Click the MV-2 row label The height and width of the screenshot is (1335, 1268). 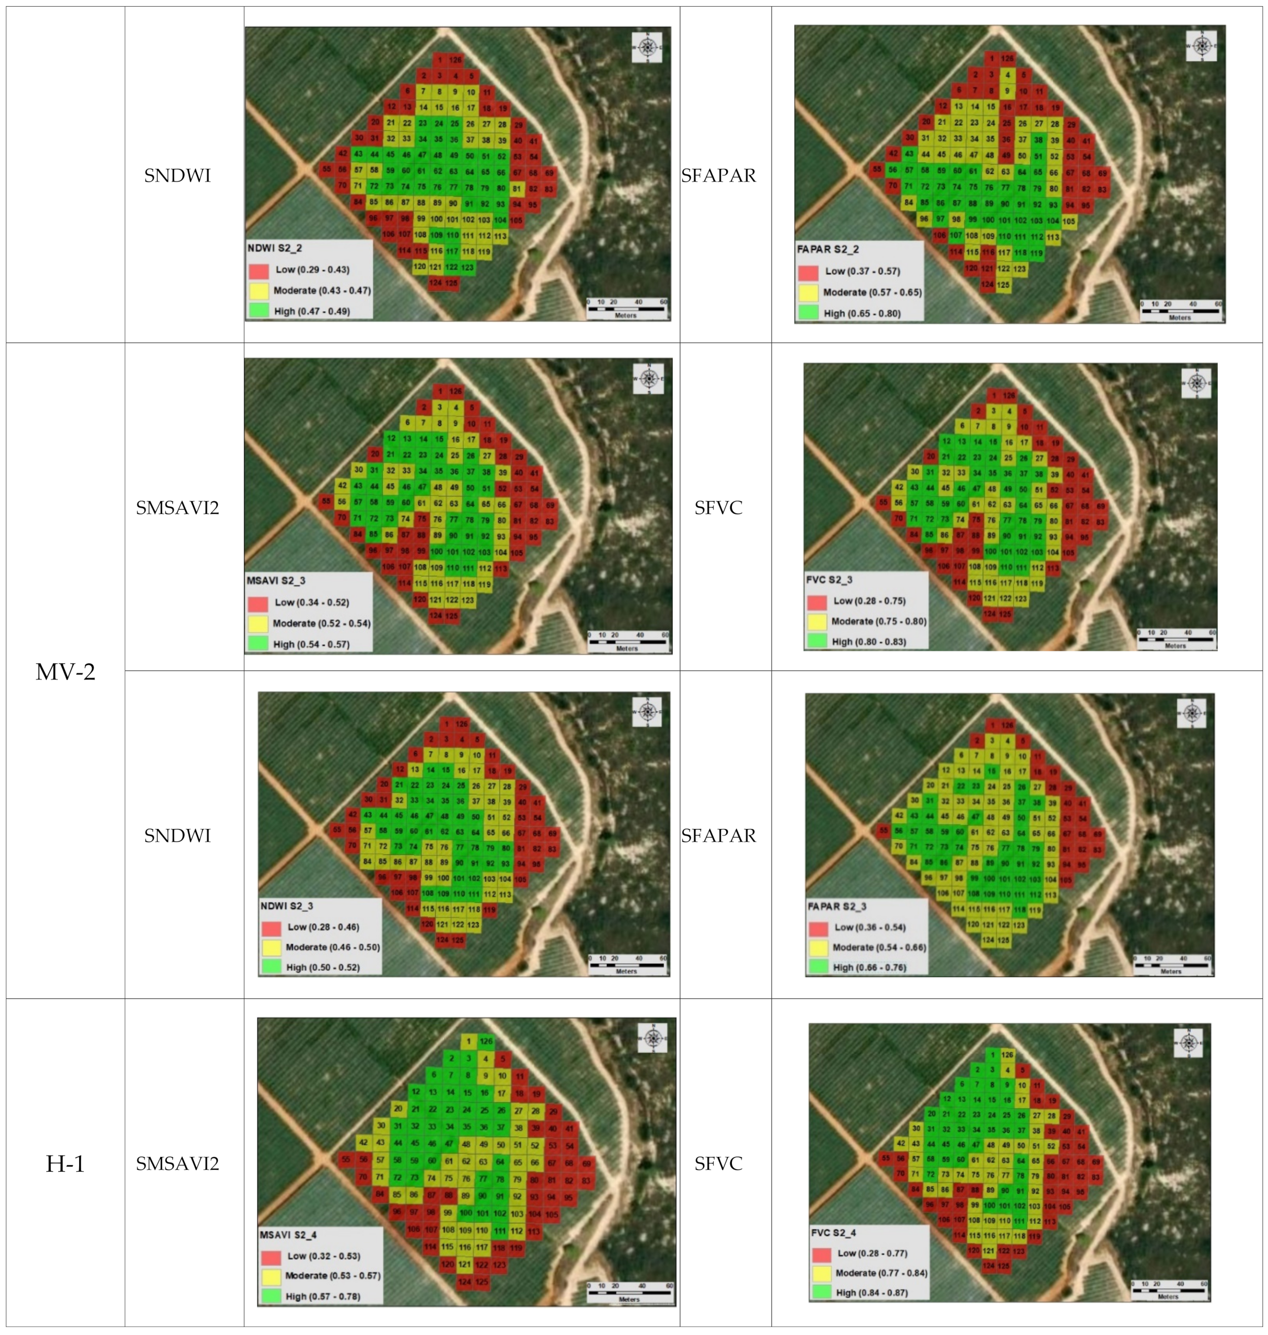coord(65,671)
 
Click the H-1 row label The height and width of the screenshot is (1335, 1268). coord(65,1164)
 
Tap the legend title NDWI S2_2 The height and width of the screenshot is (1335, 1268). coord(274,248)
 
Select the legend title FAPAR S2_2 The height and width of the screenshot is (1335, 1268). coord(827,249)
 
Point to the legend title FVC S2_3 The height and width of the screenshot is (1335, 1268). coord(829,580)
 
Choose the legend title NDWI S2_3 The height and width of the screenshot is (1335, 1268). coord(287,906)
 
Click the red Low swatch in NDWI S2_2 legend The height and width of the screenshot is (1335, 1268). coord(259,270)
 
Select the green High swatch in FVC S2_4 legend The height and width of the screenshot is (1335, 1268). coord(821,1292)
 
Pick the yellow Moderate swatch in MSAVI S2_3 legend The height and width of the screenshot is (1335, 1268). coord(258,623)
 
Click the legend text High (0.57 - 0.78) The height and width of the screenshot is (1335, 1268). coord(323,1296)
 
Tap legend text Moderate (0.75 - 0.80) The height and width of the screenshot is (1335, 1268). coord(878,622)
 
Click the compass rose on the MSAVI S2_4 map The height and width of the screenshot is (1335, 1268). coord(652,1038)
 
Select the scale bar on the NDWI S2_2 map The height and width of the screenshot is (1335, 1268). coord(625,309)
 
